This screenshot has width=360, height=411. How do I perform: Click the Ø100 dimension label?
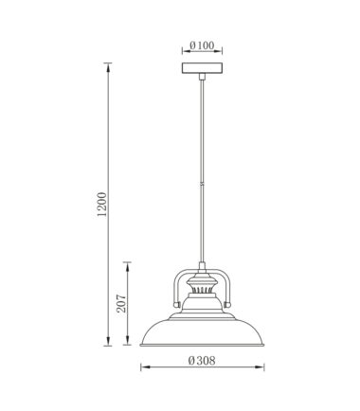(202, 45)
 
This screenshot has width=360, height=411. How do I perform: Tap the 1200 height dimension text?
(102, 204)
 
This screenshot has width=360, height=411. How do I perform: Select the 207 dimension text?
(121, 303)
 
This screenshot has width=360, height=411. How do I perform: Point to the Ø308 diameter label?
(202, 361)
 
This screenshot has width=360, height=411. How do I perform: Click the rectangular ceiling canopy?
(202, 68)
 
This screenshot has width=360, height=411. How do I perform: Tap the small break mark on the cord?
(202, 185)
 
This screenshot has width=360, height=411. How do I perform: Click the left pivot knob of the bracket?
(177, 305)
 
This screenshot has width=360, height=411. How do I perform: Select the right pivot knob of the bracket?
(226, 305)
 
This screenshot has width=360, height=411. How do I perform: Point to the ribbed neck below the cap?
(202, 290)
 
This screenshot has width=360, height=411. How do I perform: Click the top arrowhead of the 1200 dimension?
(108, 66)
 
